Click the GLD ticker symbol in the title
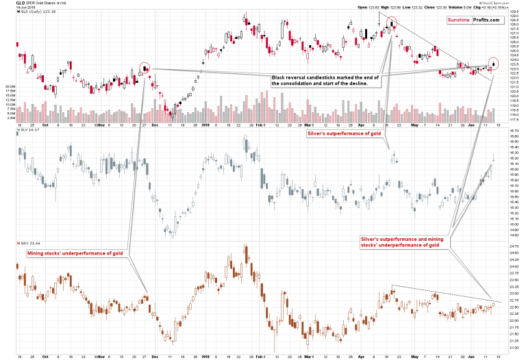click(10, 3)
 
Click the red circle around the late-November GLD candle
click(145, 68)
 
